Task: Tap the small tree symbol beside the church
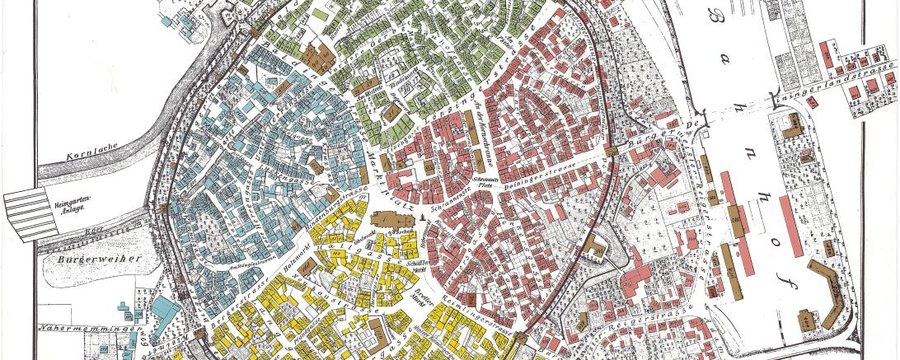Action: click(423, 217)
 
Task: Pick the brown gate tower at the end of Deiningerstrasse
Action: click(612, 150)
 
